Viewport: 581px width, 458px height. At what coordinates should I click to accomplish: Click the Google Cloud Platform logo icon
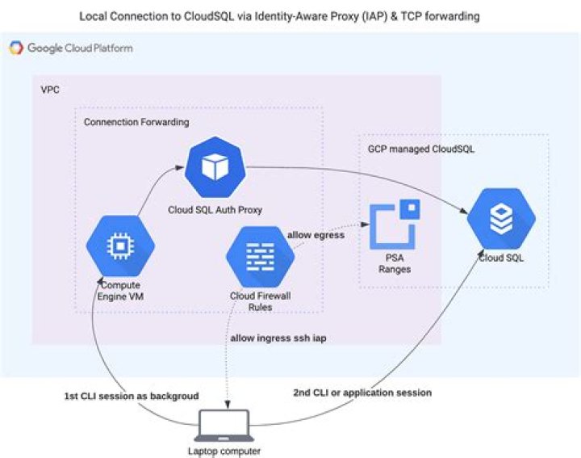16,48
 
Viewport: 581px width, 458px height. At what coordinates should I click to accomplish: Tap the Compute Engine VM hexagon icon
120,246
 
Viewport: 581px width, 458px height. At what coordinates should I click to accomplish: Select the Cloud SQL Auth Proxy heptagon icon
215,167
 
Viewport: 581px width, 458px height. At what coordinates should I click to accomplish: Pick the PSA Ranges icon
395,224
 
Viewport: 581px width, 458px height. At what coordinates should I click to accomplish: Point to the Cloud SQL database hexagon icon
501,219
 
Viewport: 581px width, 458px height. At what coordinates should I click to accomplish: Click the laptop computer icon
224,426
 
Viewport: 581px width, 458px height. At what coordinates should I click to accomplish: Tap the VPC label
50,90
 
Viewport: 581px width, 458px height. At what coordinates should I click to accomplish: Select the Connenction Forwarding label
136,122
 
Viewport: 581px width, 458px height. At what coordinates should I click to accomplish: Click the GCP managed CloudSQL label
421,149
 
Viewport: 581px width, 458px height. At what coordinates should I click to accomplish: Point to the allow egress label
316,235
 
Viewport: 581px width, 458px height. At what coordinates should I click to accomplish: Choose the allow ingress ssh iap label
278,338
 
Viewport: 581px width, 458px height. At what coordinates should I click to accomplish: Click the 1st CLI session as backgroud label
132,396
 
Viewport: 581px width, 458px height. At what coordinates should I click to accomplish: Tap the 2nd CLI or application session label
362,393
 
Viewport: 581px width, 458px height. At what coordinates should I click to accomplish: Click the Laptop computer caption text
224,452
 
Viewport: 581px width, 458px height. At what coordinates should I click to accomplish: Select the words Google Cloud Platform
80,48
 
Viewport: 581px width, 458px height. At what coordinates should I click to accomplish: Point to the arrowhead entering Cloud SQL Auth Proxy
180,168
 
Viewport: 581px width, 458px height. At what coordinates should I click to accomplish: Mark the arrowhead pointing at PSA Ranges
365,225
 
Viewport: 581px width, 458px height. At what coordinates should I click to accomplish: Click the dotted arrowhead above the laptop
228,404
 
